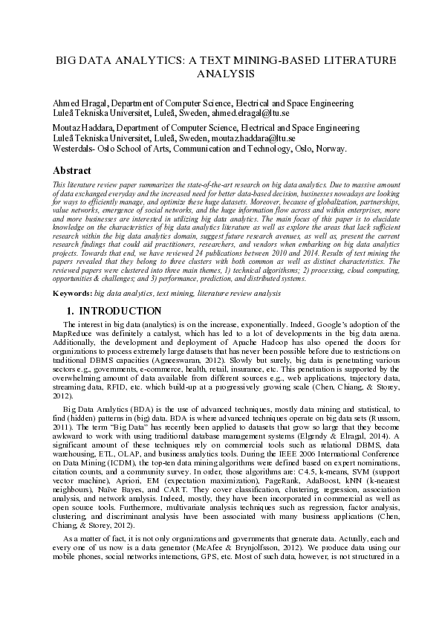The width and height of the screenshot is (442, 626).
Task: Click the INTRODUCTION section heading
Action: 120,311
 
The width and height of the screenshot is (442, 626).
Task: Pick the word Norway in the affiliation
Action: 329,148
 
